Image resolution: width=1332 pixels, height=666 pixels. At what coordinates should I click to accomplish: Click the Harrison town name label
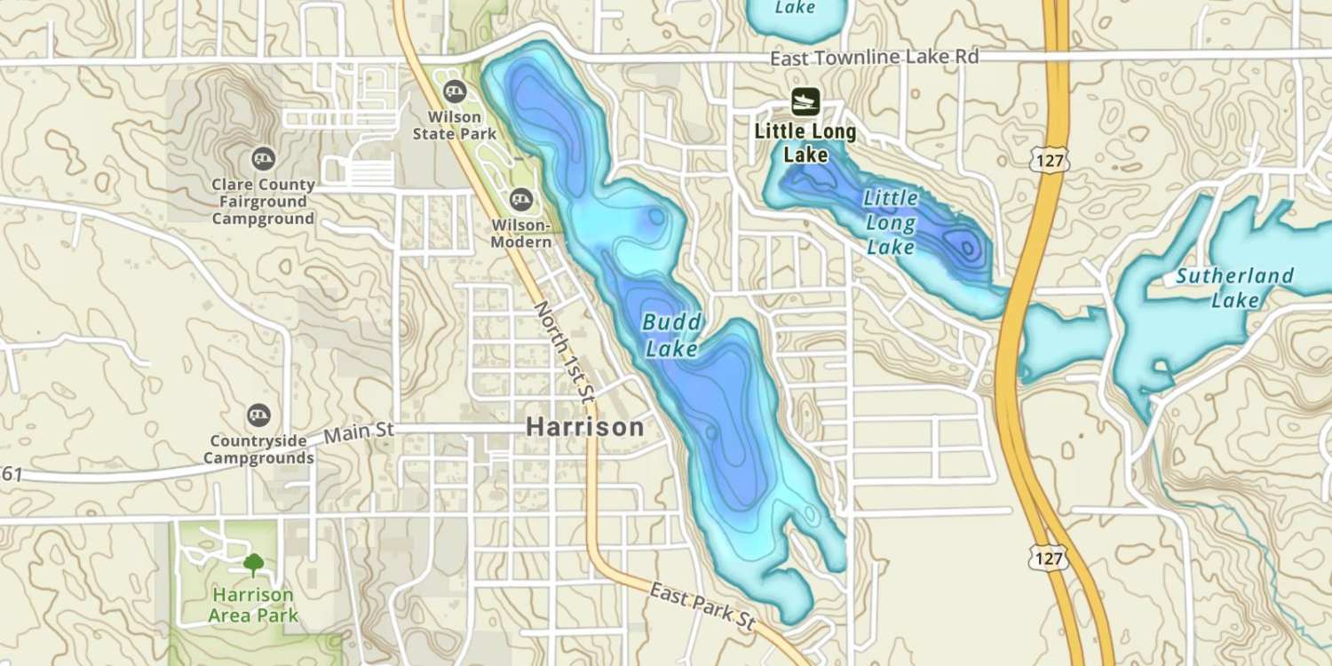(x=584, y=427)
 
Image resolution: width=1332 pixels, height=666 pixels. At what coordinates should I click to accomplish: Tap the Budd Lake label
(x=672, y=336)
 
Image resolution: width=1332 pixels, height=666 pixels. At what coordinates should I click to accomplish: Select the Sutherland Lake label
(x=1235, y=288)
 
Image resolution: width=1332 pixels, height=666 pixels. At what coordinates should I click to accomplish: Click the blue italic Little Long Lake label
(x=891, y=221)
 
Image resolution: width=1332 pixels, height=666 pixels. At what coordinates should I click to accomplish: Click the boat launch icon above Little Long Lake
(x=805, y=101)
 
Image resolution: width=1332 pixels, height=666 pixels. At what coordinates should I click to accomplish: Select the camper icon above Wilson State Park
(x=455, y=89)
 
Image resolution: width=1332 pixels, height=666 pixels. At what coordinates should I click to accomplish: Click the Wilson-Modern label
(x=521, y=234)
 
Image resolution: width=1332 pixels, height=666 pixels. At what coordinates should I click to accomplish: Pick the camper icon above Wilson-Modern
(x=521, y=200)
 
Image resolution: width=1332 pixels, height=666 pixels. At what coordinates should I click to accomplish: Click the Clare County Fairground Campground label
(x=263, y=202)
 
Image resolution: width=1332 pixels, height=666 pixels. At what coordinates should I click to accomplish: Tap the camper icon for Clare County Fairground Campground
(x=263, y=159)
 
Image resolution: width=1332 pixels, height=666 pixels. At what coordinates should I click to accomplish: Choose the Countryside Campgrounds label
(x=258, y=449)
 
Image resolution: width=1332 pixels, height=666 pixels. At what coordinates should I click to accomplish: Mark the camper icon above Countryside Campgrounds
(x=258, y=414)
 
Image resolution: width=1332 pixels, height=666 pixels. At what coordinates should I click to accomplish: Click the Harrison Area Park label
(x=254, y=605)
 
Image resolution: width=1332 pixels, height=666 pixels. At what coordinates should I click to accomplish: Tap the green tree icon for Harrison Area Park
(x=254, y=563)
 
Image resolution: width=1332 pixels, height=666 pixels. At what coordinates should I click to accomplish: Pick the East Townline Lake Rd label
(x=874, y=58)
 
